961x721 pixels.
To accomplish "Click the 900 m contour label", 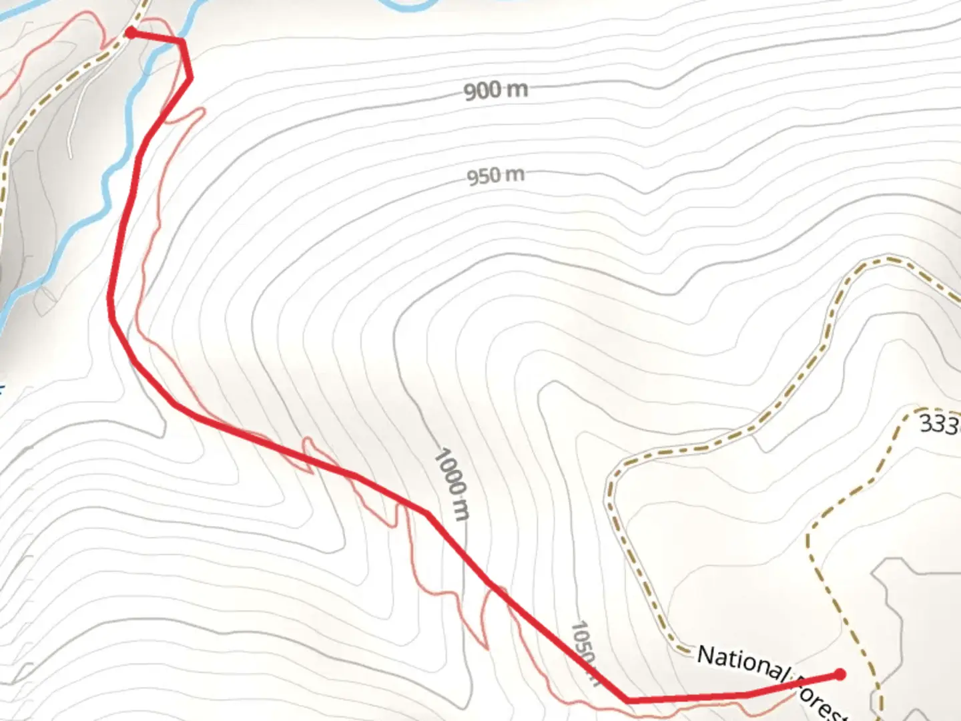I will point(496,89).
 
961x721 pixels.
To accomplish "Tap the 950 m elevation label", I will point(496,176).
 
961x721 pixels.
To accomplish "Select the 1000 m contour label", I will point(452,485).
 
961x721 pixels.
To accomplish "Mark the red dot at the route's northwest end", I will point(131,32).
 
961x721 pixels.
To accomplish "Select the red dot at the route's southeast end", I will point(840,675).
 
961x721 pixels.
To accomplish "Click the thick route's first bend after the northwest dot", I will point(182,41).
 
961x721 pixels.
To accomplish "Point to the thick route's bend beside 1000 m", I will point(426,513).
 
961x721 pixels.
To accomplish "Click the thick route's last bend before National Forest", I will point(627,700).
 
